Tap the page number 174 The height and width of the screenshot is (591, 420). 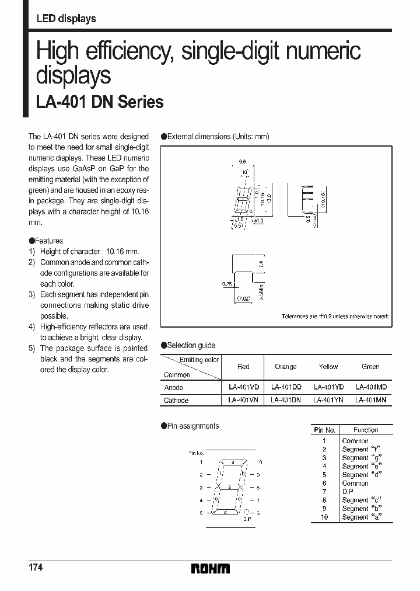click(x=36, y=568)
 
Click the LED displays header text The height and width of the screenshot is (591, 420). click(x=66, y=19)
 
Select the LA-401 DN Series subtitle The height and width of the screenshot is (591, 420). click(x=100, y=103)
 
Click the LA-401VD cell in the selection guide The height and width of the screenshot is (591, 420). click(x=243, y=387)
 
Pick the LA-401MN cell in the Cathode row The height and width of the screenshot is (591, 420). click(x=370, y=400)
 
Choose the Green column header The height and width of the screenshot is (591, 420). click(x=370, y=367)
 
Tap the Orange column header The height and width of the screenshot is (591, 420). click(x=285, y=367)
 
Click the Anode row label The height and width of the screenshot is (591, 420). click(x=173, y=387)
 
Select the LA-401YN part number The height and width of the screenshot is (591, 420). click(x=328, y=400)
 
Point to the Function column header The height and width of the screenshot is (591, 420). click(x=366, y=430)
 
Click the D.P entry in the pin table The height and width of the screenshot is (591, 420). click(x=348, y=492)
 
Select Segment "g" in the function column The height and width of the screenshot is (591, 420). click(x=355, y=458)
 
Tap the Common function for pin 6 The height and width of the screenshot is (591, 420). click(x=355, y=483)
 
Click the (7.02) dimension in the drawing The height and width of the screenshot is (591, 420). click(x=243, y=300)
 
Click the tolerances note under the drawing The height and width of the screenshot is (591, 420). click(x=334, y=316)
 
